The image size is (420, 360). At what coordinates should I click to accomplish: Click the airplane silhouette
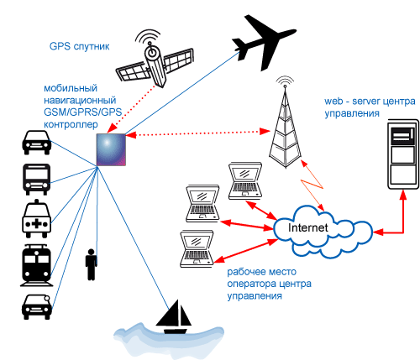tap(263, 42)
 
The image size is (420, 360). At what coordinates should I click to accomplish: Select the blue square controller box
tap(111, 149)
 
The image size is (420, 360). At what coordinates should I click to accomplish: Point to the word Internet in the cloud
tap(307, 227)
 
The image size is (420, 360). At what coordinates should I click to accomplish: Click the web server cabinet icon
tap(403, 154)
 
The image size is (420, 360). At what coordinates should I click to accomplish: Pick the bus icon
tap(37, 180)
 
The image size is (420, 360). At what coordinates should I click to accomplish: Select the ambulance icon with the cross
tap(37, 219)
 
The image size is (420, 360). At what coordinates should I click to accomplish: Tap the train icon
tap(37, 265)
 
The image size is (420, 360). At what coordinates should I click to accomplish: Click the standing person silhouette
tap(91, 264)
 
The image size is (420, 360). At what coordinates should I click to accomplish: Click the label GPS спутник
tap(79, 46)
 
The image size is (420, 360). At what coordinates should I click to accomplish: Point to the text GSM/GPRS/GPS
tap(83, 112)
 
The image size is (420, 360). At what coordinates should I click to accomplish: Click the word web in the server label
tap(333, 101)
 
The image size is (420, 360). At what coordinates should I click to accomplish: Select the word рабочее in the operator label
tap(245, 272)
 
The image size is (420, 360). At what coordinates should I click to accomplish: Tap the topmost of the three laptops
tap(245, 181)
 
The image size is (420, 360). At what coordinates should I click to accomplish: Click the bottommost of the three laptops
tap(197, 249)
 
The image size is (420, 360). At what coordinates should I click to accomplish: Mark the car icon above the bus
tap(37, 143)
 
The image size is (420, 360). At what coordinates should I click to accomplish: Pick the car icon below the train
tap(37, 307)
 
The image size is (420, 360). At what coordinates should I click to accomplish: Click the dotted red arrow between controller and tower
tap(198, 133)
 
